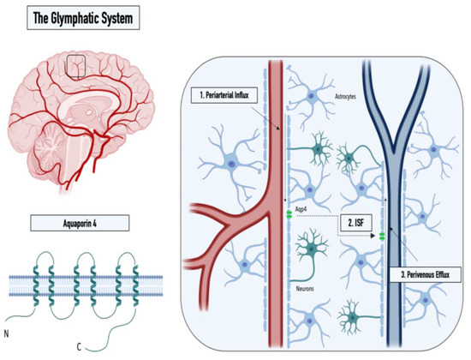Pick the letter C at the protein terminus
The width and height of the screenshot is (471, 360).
[x=84, y=346]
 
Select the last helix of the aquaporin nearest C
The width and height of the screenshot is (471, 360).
[x=132, y=280]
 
